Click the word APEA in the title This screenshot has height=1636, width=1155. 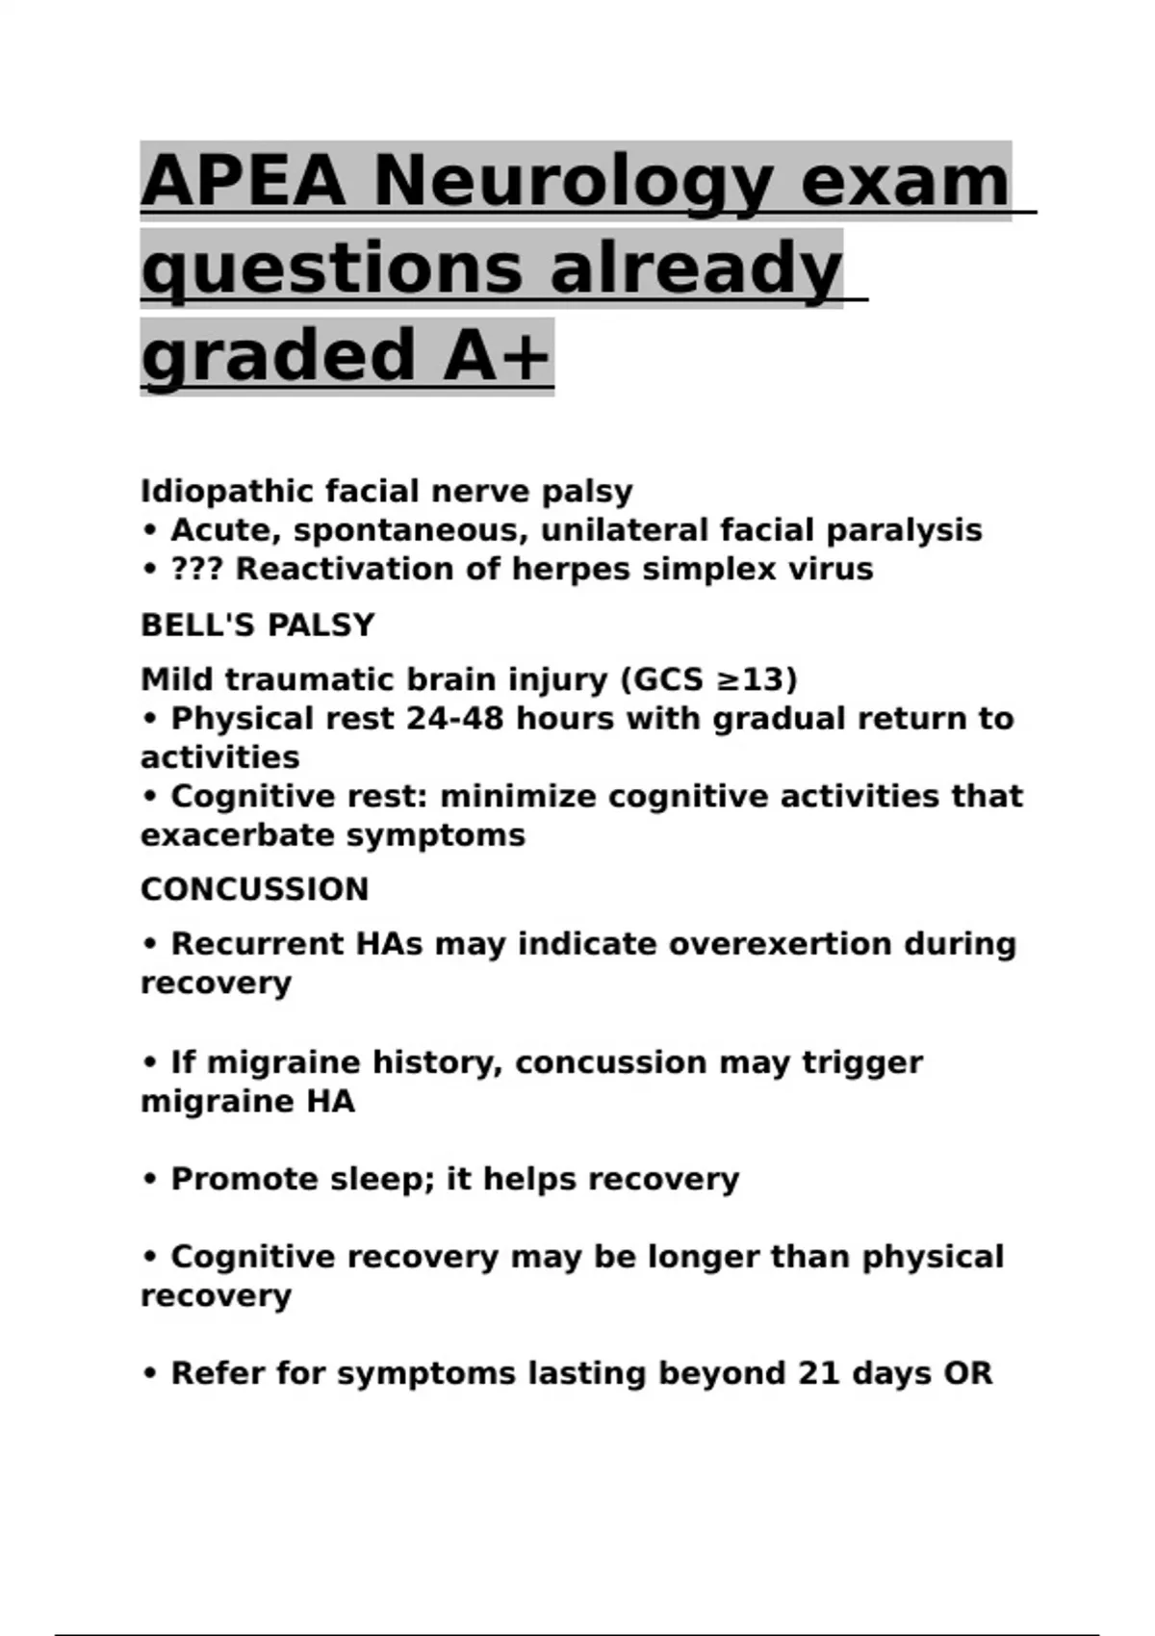tap(243, 180)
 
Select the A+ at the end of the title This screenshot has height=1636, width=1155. tap(497, 355)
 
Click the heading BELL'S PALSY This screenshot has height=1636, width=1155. tap(257, 626)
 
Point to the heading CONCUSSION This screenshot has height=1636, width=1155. tap(254, 889)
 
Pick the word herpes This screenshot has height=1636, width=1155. tap(571, 570)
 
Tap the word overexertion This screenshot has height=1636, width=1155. tap(780, 944)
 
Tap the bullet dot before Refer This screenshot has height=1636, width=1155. tap(149, 1374)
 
